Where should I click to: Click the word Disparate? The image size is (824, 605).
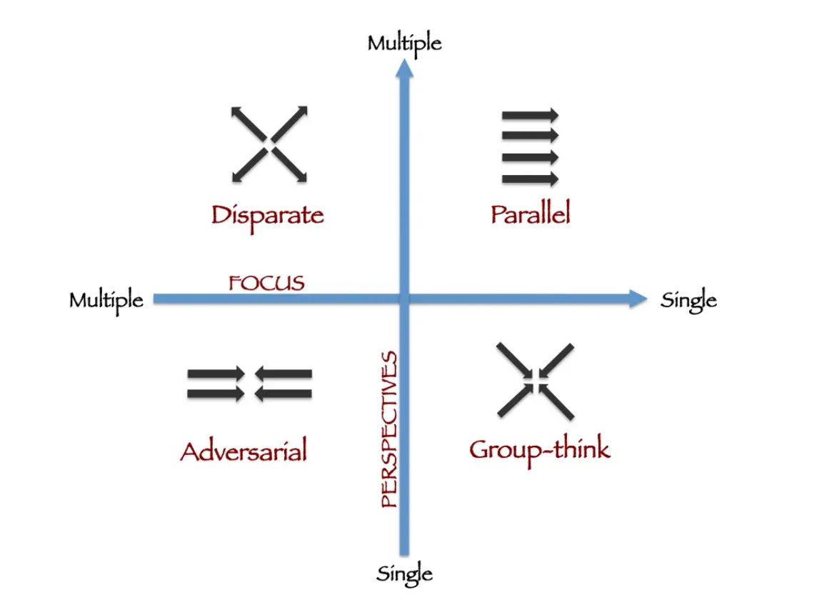(267, 214)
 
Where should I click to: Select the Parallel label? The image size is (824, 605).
(531, 214)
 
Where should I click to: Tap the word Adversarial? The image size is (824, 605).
(243, 451)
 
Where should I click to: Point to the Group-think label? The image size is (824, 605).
(539, 449)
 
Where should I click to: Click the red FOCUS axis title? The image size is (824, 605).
(266, 283)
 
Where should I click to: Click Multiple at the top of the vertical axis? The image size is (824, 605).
(404, 44)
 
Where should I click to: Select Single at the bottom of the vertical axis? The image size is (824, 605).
(404, 574)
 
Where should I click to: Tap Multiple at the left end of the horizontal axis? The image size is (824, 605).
(106, 300)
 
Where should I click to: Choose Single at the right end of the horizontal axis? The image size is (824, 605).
(688, 300)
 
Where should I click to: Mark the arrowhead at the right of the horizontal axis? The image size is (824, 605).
(638, 299)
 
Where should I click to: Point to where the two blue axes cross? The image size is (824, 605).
(405, 299)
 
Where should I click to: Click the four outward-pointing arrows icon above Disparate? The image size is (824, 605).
(269, 144)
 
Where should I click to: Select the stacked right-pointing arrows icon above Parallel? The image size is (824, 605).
(530, 147)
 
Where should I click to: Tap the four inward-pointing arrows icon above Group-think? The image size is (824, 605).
(536, 380)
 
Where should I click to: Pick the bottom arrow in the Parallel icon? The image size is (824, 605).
(530, 179)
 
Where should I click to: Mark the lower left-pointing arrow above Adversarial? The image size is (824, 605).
(283, 394)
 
